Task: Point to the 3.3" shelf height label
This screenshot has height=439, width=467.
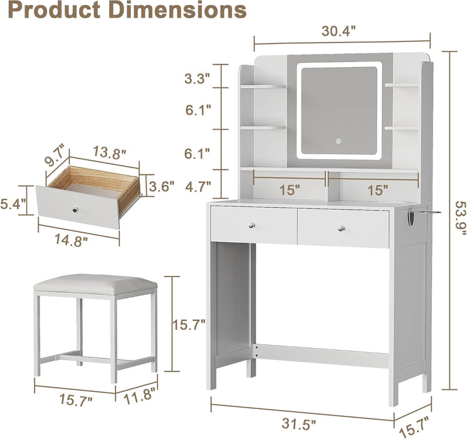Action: [197, 78]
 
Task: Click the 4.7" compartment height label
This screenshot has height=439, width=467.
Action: [197, 186]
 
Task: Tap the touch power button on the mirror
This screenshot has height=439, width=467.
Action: [337, 140]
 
